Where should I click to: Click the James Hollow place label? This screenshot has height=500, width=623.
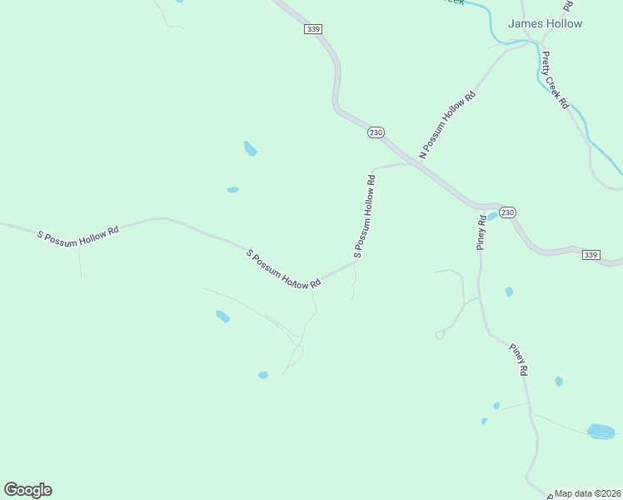[545, 24]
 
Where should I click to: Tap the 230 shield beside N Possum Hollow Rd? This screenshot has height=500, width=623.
[376, 132]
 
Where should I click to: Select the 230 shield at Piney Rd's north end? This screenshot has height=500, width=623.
[508, 212]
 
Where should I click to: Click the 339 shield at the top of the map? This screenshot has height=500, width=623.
[312, 29]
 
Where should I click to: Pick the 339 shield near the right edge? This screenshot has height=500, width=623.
[591, 254]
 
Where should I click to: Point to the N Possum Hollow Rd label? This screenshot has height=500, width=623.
[447, 124]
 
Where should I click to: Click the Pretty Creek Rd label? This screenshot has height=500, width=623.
[555, 80]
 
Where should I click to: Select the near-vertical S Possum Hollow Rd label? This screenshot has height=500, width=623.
[365, 217]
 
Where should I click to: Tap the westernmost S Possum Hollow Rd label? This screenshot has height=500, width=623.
[78, 230]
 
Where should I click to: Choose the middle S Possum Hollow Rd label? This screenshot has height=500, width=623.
[283, 269]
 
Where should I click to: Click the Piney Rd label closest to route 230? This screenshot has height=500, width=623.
[481, 232]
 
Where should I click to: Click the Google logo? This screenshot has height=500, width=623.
[27, 490]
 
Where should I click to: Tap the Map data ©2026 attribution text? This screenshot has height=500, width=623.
[587, 493]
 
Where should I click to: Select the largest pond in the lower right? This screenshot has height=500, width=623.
[601, 431]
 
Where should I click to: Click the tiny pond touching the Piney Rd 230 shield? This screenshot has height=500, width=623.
[492, 216]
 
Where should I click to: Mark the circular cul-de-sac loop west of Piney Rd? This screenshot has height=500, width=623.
[439, 335]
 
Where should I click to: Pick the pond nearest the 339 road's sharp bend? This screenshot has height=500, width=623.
[250, 149]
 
